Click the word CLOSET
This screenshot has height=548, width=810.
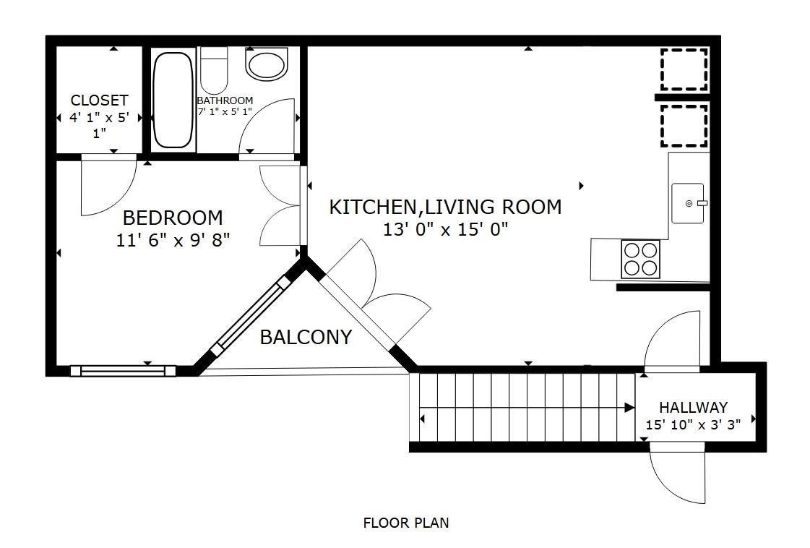[99, 100]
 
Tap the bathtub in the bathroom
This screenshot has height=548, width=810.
[173, 100]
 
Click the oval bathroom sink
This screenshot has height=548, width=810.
[267, 64]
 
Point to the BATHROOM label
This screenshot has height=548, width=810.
[225, 100]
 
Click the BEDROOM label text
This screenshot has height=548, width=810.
[173, 218]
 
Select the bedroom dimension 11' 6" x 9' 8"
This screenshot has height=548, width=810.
[173, 241]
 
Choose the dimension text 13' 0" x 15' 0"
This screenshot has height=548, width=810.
[445, 228]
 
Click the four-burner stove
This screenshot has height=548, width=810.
[641, 259]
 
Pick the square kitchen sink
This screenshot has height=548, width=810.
[688, 203]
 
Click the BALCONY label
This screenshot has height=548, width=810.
[306, 337]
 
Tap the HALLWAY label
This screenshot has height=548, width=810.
[693, 407]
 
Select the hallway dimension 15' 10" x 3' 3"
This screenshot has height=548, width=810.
[693, 425]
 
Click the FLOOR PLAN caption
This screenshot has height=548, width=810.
[406, 523]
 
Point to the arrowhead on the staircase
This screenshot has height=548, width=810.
[629, 407]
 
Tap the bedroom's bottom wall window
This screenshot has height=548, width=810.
[123, 371]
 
